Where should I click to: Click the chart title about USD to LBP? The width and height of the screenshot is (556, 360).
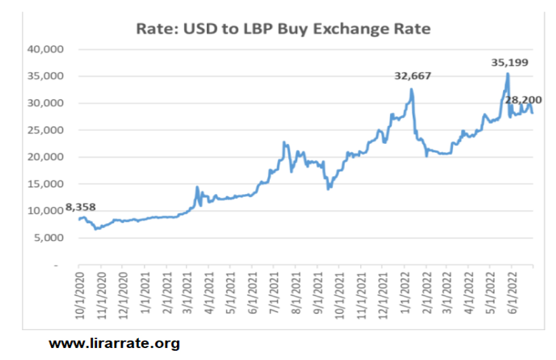[x=283, y=29]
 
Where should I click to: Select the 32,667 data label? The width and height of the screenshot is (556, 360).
[x=412, y=76]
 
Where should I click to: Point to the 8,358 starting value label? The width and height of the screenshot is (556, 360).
[x=80, y=207]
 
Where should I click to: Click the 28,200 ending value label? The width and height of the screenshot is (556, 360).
[x=524, y=100]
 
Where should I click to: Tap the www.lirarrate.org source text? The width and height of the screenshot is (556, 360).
[x=114, y=344]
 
